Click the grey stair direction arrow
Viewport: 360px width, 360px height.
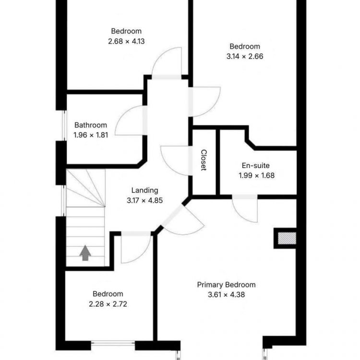point(85,253)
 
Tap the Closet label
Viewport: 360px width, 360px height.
point(204,160)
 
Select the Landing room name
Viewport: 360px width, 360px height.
point(144,190)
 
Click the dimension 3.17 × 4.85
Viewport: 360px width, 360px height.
point(144,200)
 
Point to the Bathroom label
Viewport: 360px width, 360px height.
point(91,125)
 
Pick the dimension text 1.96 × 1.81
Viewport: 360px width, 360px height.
point(91,135)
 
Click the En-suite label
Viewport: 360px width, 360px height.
point(255,165)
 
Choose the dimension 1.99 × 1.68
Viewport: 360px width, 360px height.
point(256,175)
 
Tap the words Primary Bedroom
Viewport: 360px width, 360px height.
point(226,285)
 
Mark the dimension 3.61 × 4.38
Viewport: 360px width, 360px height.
point(226,295)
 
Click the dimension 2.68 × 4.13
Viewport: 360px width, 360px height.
point(126,41)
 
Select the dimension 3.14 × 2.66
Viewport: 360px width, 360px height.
point(245,56)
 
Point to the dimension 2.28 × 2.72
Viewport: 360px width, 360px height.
point(108,304)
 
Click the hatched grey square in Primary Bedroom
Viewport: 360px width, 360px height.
point(287,238)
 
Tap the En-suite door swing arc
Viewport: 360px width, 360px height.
point(240,214)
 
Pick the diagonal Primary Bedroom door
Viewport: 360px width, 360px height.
point(173,215)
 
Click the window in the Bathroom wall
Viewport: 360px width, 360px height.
point(64,125)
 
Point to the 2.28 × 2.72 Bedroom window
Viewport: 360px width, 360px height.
point(113,344)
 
